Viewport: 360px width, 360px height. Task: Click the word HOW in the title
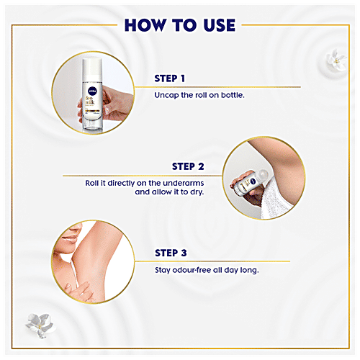click(145, 25)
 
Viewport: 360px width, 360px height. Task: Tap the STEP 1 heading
click(170, 78)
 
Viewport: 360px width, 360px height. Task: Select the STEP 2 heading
click(188, 166)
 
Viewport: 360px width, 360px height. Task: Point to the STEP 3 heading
click(171, 253)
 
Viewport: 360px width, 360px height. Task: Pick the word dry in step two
click(197, 192)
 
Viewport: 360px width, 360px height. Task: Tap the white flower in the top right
click(336, 60)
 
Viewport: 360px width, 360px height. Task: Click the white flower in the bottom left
click(40, 325)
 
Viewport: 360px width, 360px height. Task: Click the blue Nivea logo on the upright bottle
click(92, 91)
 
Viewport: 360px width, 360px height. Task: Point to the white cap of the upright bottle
click(92, 70)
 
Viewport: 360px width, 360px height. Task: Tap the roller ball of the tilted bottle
click(263, 174)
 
